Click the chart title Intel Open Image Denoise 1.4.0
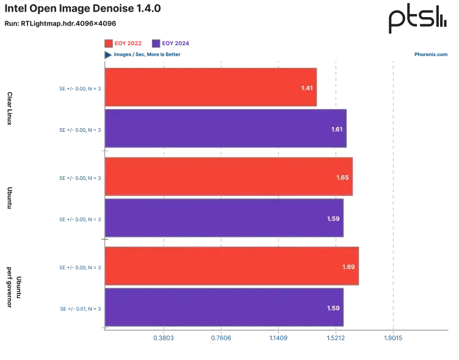(x=82, y=9)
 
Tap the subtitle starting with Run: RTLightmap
(x=60, y=23)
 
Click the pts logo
(x=417, y=18)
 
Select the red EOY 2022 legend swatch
(x=109, y=43)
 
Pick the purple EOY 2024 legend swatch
(x=156, y=43)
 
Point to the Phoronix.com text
(x=430, y=54)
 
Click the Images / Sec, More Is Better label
(x=147, y=54)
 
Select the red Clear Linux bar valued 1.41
(x=211, y=87)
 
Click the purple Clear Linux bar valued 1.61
(x=226, y=129)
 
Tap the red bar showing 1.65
(x=229, y=176)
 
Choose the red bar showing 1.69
(x=232, y=266)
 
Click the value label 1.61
(x=337, y=129)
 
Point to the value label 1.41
(x=307, y=88)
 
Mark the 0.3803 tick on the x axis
(x=164, y=338)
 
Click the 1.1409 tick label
(x=278, y=338)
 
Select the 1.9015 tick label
(x=393, y=338)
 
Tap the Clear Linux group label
(x=10, y=109)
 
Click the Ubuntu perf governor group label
(x=14, y=287)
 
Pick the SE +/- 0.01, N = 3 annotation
(x=81, y=309)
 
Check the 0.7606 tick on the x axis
(x=221, y=338)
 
